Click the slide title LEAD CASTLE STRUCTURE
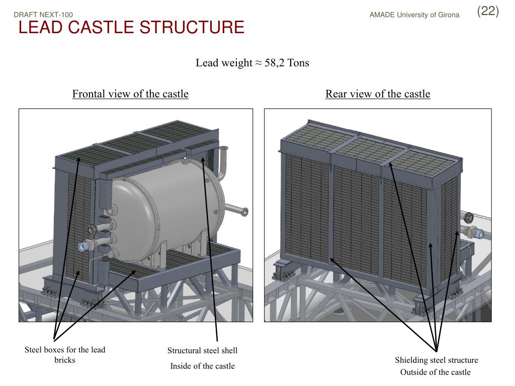click(x=131, y=28)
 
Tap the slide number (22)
click(x=488, y=11)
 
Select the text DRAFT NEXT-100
click(x=43, y=15)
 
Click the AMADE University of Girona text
click(x=414, y=15)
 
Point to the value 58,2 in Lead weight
click(x=275, y=63)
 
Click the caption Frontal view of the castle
click(x=130, y=94)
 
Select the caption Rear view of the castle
click(x=378, y=94)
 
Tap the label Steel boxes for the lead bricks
click(x=65, y=355)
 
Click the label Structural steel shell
click(x=202, y=350)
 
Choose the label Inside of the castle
click(x=202, y=366)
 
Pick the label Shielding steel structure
click(x=436, y=360)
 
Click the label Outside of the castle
click(x=436, y=372)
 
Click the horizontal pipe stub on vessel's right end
click(x=236, y=209)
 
